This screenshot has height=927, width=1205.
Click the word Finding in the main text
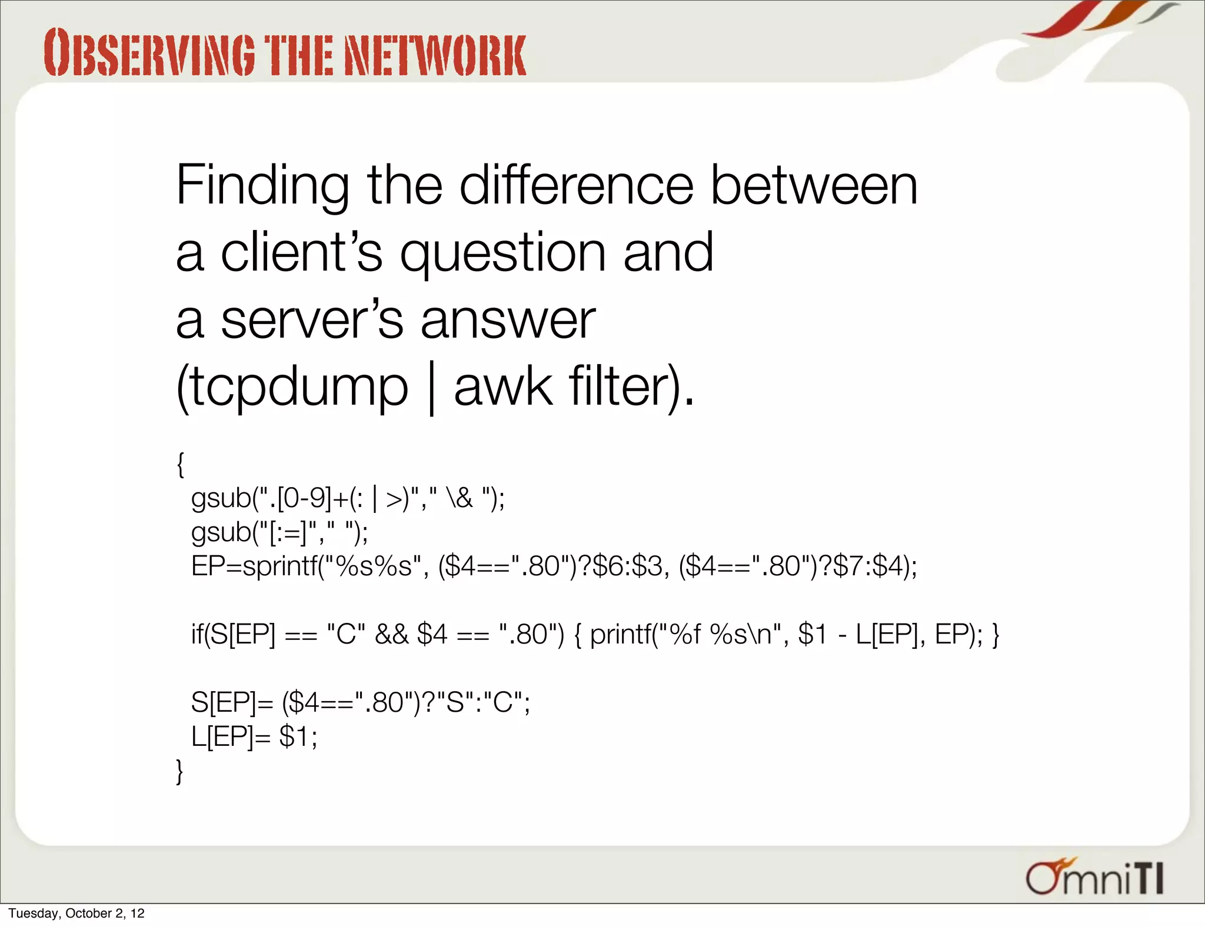(262, 186)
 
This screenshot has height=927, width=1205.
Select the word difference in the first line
(576, 186)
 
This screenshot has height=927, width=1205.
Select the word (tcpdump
(292, 388)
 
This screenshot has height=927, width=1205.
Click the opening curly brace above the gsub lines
(181, 464)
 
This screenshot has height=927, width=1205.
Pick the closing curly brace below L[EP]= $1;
(180, 771)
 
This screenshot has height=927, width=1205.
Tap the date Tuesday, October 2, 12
(76, 913)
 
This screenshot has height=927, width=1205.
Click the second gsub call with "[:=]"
(279, 532)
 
